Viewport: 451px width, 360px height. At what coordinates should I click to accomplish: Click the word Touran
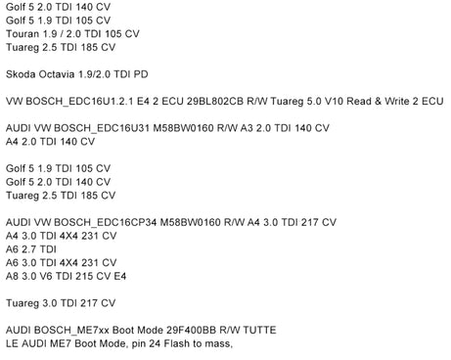(22, 34)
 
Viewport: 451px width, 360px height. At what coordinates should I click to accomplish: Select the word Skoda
(21, 74)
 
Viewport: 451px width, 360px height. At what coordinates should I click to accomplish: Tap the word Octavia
(57, 74)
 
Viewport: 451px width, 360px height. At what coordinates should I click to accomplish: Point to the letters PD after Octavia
(141, 74)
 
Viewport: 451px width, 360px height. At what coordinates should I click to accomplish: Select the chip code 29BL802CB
(215, 102)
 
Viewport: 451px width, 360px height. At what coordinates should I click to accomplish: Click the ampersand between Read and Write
(378, 102)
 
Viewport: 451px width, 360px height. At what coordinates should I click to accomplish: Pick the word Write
(397, 102)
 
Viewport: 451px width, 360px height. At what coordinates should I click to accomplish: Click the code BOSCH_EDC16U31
(102, 128)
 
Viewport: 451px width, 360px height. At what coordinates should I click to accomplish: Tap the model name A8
(12, 277)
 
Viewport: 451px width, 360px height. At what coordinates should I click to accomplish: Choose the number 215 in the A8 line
(84, 277)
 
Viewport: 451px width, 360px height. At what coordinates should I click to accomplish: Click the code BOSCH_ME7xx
(71, 331)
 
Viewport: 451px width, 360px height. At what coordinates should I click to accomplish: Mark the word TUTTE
(259, 331)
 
